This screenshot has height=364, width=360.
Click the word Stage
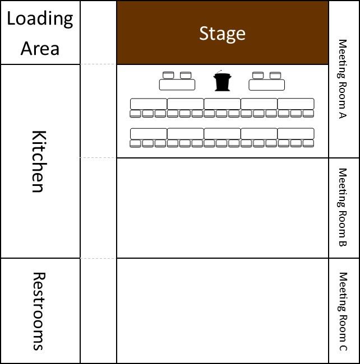point(222,34)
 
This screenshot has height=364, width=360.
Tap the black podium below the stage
point(222,82)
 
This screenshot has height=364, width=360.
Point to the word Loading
point(40,18)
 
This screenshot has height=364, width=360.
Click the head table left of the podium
point(177,85)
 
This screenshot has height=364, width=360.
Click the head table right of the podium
point(267,85)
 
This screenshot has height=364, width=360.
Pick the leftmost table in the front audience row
point(149,104)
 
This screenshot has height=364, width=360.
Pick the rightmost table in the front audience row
point(296,104)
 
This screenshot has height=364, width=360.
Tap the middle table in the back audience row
point(222,134)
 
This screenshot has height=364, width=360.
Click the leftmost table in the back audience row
point(149,134)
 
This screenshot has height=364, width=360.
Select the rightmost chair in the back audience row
point(308,144)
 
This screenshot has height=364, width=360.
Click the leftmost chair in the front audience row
point(136,114)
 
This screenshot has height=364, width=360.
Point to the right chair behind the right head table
point(275,75)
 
